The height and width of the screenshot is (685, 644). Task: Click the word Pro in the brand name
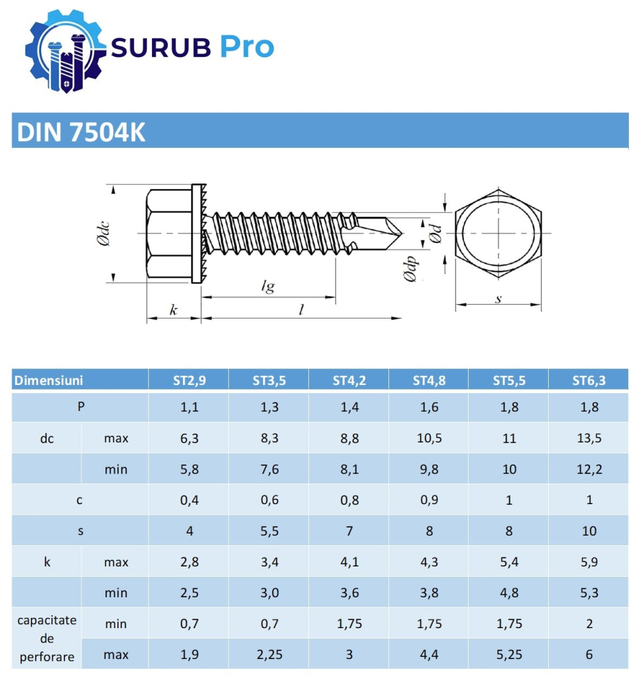click(247, 47)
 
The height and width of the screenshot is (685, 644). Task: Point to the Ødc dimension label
click(103, 233)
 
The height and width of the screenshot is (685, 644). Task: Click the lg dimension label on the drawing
click(268, 286)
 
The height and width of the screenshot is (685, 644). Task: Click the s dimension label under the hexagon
click(498, 298)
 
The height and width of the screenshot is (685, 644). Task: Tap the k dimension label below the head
click(173, 310)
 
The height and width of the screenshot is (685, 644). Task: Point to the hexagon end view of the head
click(498, 234)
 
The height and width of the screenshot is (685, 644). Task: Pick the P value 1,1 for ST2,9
click(189, 407)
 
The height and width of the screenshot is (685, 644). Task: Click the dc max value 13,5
click(589, 438)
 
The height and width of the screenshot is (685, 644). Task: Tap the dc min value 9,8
click(429, 469)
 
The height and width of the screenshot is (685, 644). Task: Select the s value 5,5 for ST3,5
click(269, 531)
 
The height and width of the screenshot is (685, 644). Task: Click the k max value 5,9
click(589, 562)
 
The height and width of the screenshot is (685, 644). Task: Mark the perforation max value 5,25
click(509, 655)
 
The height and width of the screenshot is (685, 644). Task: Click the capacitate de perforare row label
click(47, 639)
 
